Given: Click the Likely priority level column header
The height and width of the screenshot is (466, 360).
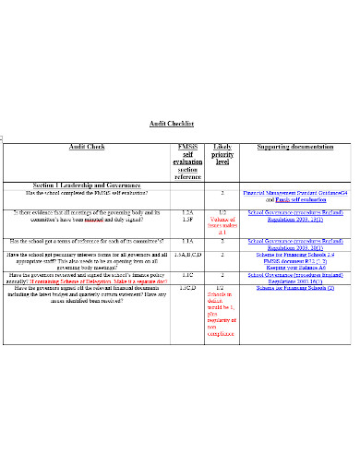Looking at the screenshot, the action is coord(222,154).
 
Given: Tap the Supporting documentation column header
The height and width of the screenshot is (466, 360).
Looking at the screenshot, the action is coord(294,147).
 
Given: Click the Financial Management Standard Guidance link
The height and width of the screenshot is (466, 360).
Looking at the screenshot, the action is coord(294,193).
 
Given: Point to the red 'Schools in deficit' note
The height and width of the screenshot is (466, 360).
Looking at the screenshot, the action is coord(222,313).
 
